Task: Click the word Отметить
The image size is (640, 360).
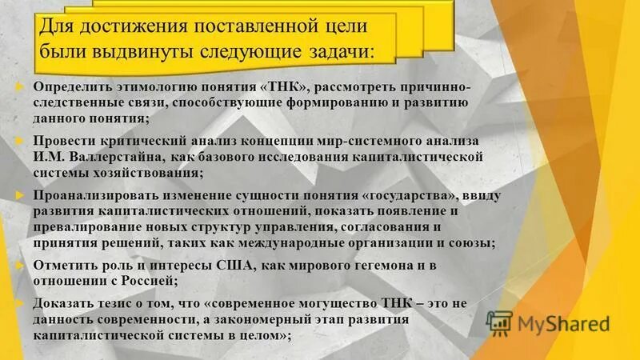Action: pyautogui.click(x=63, y=266)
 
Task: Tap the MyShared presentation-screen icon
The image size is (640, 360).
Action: pyautogui.click(x=500, y=324)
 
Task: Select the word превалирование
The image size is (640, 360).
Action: pyautogui.click(x=78, y=229)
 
